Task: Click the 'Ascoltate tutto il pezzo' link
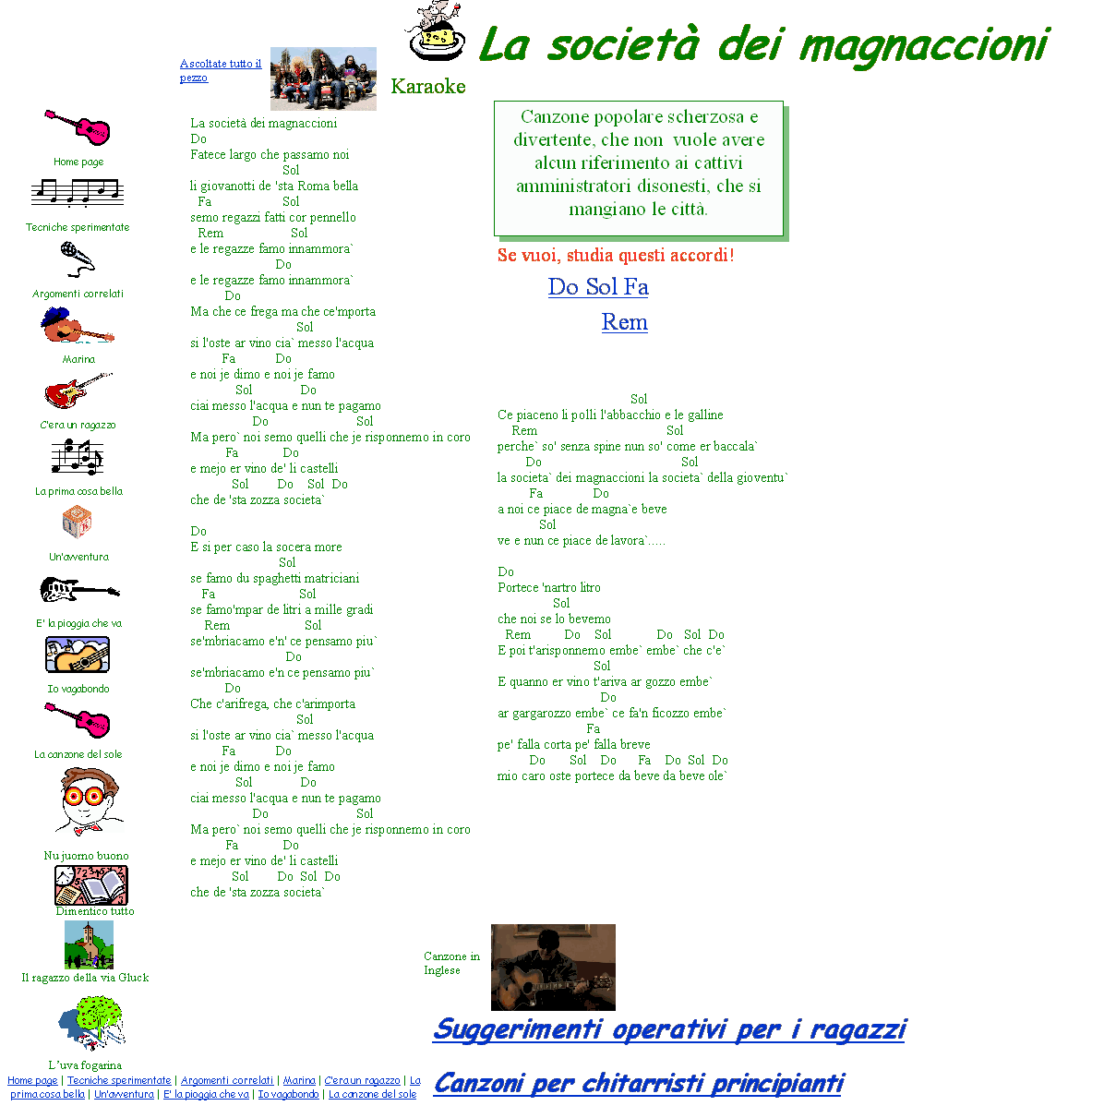220,70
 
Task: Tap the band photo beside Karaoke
323,78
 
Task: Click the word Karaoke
428,87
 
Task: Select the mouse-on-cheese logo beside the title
436,30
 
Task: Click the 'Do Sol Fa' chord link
598,287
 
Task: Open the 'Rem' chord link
624,321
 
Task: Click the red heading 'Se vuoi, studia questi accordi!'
616,255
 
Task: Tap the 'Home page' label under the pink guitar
78,162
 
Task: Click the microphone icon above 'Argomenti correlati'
78,259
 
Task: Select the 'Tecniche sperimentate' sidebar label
78,227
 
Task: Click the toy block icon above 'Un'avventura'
77,522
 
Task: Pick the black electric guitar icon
79,589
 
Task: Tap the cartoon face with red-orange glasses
90,801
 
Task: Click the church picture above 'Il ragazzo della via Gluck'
89,944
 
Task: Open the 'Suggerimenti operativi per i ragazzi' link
669,1029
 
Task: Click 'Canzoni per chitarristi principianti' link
639,1083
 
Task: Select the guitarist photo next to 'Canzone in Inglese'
553,967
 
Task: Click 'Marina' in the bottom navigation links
299,1080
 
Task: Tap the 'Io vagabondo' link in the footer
288,1094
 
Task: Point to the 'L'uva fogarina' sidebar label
85,1064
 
